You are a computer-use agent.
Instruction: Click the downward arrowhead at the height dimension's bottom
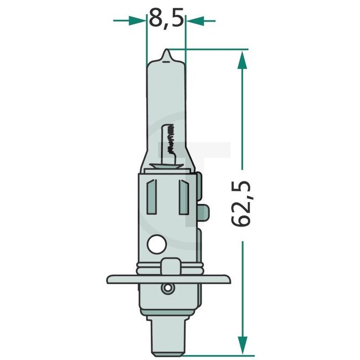pos(242,346)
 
